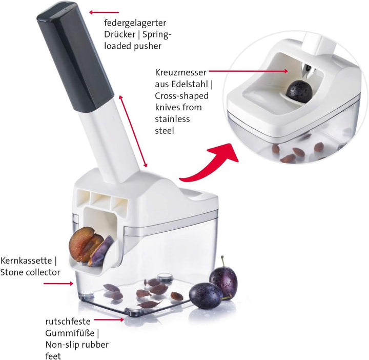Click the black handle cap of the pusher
point(75,56)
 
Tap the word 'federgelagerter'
point(135,23)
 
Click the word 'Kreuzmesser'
point(181,72)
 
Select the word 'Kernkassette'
point(26,261)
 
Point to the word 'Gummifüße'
point(70,333)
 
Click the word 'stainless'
point(172,119)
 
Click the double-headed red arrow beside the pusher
point(133,131)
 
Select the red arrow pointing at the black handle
point(104,12)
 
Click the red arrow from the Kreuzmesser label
point(248,71)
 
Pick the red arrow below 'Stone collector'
point(58,284)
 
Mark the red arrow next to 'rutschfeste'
point(109,319)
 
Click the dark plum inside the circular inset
point(299,92)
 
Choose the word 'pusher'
point(148,46)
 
